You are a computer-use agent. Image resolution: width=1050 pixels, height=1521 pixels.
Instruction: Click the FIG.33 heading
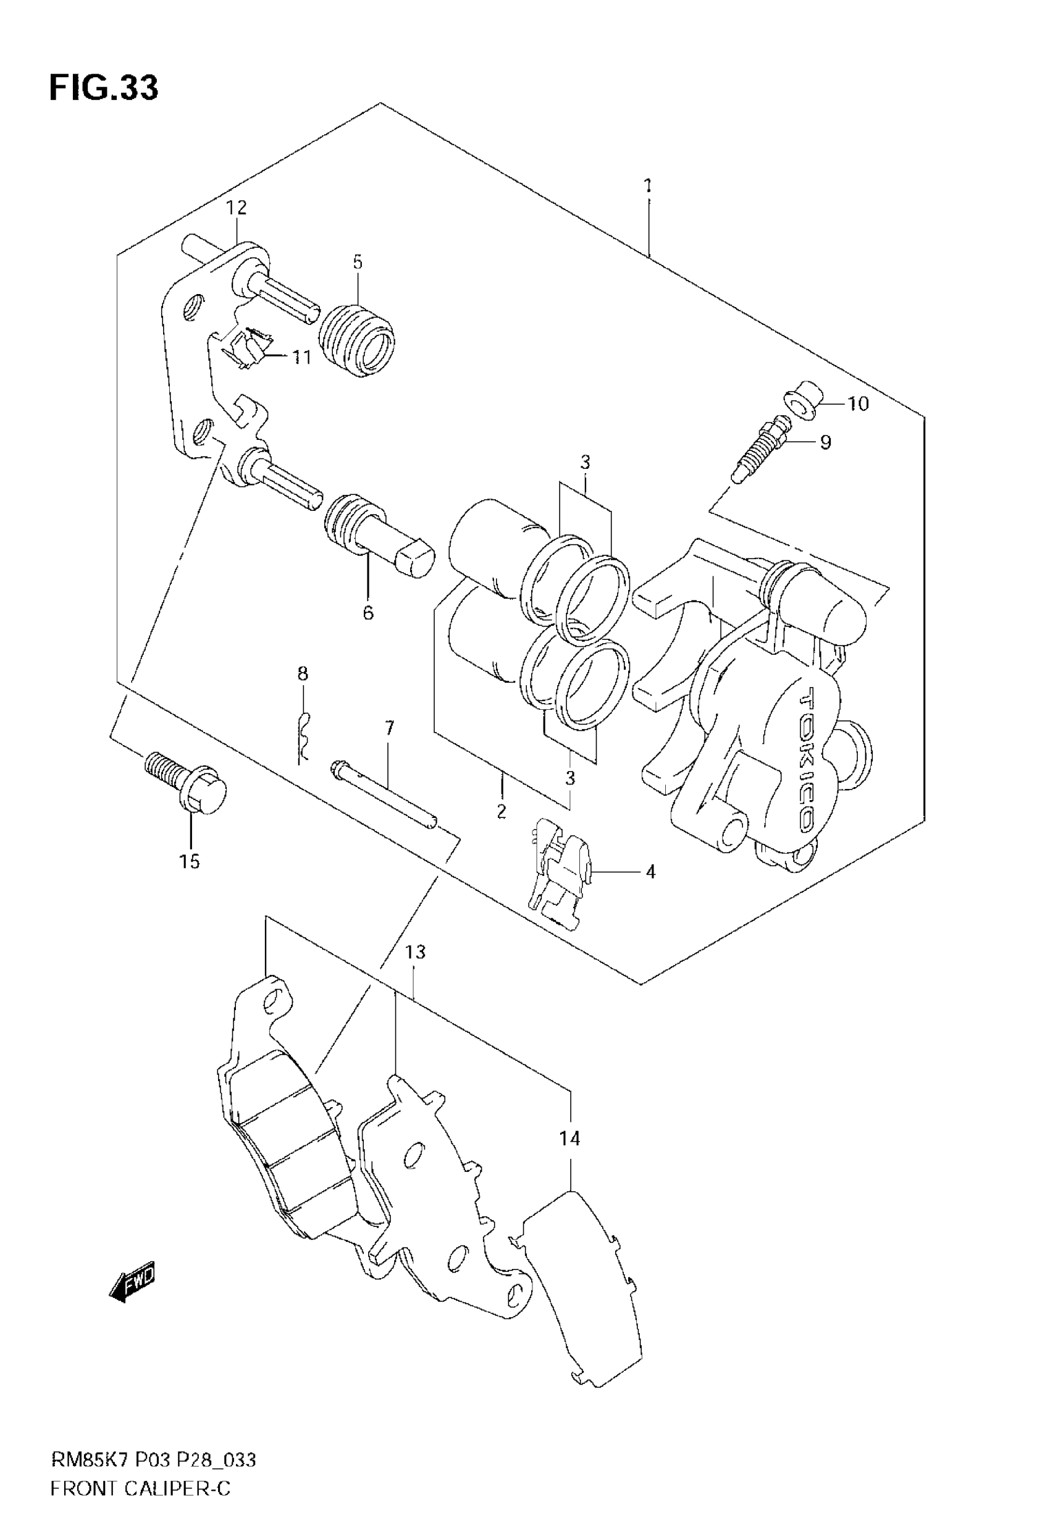(103, 88)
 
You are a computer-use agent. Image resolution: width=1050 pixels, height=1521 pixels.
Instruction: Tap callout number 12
(236, 208)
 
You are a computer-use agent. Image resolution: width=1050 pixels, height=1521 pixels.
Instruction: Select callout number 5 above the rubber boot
(357, 263)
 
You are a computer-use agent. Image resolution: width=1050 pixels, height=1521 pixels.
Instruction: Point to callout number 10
(858, 403)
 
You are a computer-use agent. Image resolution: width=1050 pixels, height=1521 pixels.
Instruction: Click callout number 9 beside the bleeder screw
(825, 442)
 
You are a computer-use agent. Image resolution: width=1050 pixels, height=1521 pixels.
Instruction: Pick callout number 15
(190, 861)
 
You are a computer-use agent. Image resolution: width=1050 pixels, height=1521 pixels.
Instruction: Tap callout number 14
(569, 1138)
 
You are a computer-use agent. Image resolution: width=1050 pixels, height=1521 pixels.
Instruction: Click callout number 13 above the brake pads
(415, 952)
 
